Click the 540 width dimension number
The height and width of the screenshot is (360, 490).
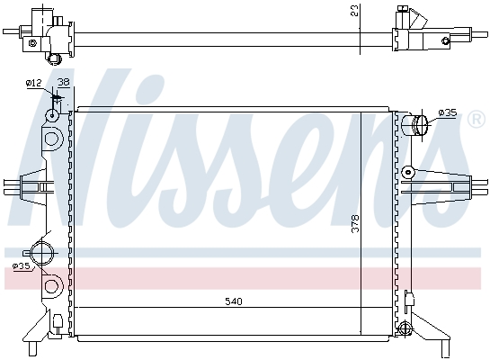234,301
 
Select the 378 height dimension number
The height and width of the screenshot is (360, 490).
355,223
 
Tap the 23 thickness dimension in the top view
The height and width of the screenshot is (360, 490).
354,10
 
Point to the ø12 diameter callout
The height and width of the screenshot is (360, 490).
34,83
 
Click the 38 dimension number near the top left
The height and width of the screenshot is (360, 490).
64,82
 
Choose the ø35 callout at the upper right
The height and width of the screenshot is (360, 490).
448,112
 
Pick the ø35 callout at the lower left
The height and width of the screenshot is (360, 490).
22,266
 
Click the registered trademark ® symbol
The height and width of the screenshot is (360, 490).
476,119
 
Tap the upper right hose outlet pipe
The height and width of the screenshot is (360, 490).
414,125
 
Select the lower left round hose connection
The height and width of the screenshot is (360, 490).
43,253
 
